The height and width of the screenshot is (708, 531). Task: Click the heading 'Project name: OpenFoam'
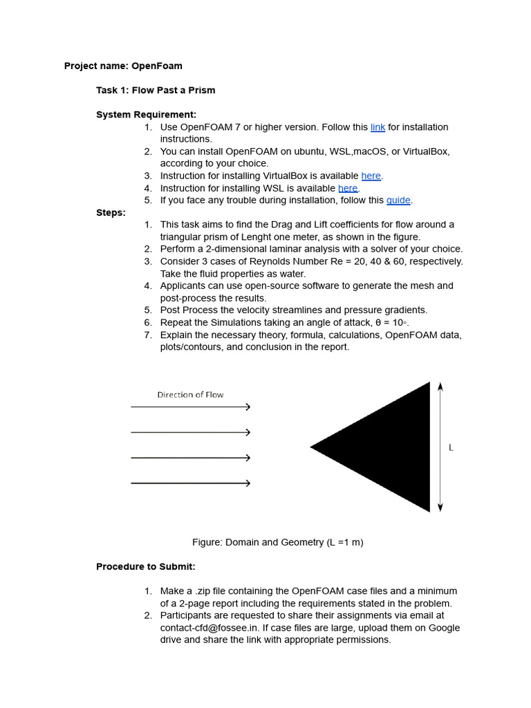click(123, 66)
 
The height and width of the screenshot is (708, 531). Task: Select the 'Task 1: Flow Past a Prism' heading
click(156, 91)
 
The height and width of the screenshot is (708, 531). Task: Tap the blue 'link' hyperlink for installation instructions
click(378, 127)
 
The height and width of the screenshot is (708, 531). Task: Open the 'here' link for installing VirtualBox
click(371, 176)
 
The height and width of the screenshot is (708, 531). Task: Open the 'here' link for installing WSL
click(348, 188)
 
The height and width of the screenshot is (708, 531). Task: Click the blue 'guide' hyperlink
click(398, 201)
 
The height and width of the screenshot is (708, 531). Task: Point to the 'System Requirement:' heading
click(146, 115)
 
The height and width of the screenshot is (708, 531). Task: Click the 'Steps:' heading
click(111, 213)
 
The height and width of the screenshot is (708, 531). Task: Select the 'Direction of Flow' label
click(190, 395)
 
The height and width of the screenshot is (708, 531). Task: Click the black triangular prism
click(391, 447)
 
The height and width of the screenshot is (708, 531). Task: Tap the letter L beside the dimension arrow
click(451, 448)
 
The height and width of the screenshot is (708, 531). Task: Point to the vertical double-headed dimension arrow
click(440, 447)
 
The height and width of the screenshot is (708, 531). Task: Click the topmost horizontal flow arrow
click(190, 407)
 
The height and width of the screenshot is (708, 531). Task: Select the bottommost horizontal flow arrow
click(190, 483)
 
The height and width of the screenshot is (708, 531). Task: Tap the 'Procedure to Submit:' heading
click(146, 567)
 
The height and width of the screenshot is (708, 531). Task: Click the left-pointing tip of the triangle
click(313, 447)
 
